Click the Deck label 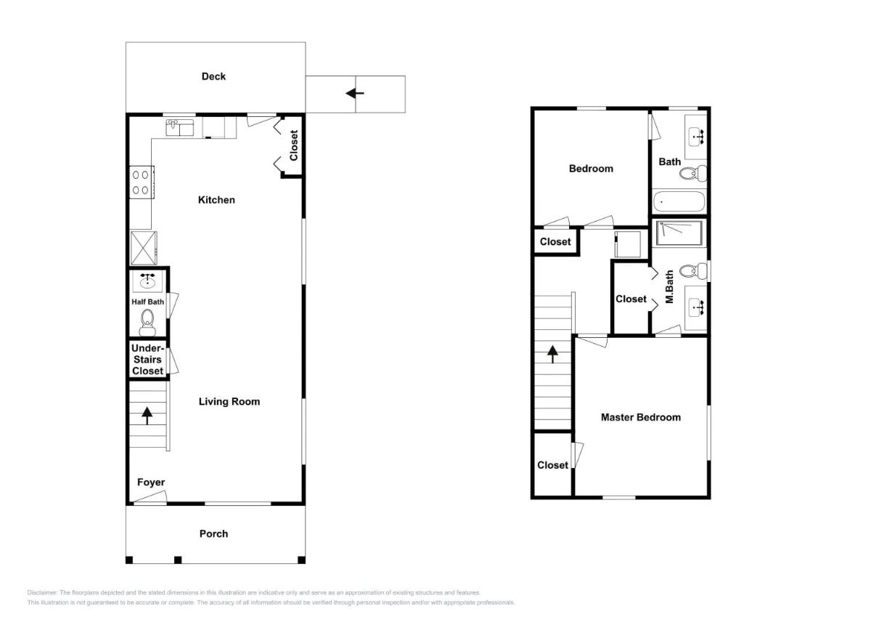(213, 76)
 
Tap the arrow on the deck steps (355, 94)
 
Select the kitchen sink (180, 128)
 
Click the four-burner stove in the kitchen (142, 182)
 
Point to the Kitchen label (216, 200)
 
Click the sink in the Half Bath (147, 281)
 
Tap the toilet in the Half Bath (147, 323)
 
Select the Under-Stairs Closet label (147, 359)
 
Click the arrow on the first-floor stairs (147, 416)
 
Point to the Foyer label (151, 483)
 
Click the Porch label (213, 533)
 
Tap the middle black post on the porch (178, 560)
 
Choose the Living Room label (229, 401)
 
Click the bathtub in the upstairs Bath (679, 201)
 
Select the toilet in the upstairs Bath (693, 173)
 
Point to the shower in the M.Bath (679, 233)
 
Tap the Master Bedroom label (641, 417)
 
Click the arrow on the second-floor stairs (552, 354)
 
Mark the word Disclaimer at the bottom (42, 592)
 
